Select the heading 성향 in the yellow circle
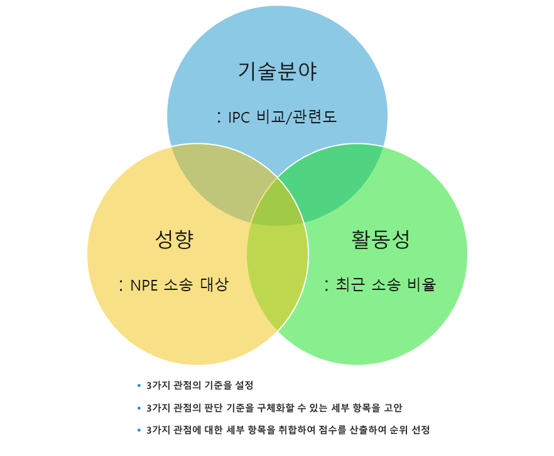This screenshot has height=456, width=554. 174,240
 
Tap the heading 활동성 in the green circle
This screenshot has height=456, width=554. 380,240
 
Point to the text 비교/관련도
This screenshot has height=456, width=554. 297,117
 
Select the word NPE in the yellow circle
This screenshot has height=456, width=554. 144,285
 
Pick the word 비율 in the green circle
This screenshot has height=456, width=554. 420,285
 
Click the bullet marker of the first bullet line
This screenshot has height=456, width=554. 139,385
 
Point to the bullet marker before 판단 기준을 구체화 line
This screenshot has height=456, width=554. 139,408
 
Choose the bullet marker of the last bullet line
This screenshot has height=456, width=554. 139,430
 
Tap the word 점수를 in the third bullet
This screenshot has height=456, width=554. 333,430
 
